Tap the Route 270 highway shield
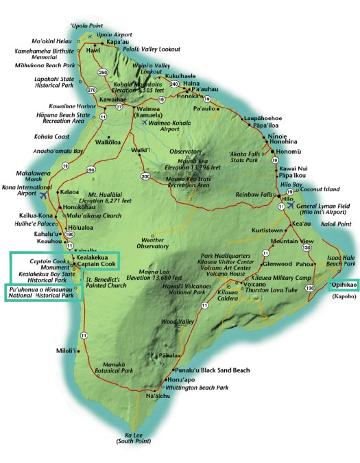click(x=92, y=90)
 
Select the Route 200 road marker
click(x=145, y=176)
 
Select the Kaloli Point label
click(x=335, y=224)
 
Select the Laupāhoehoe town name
click(x=262, y=119)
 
